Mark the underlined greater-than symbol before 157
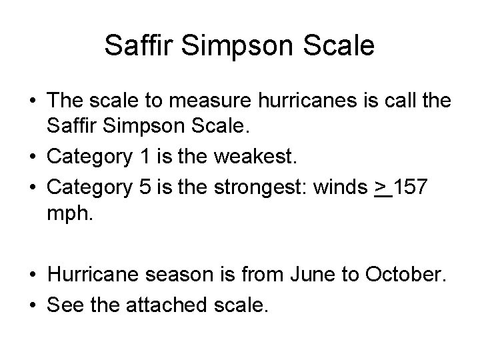(383, 188)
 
